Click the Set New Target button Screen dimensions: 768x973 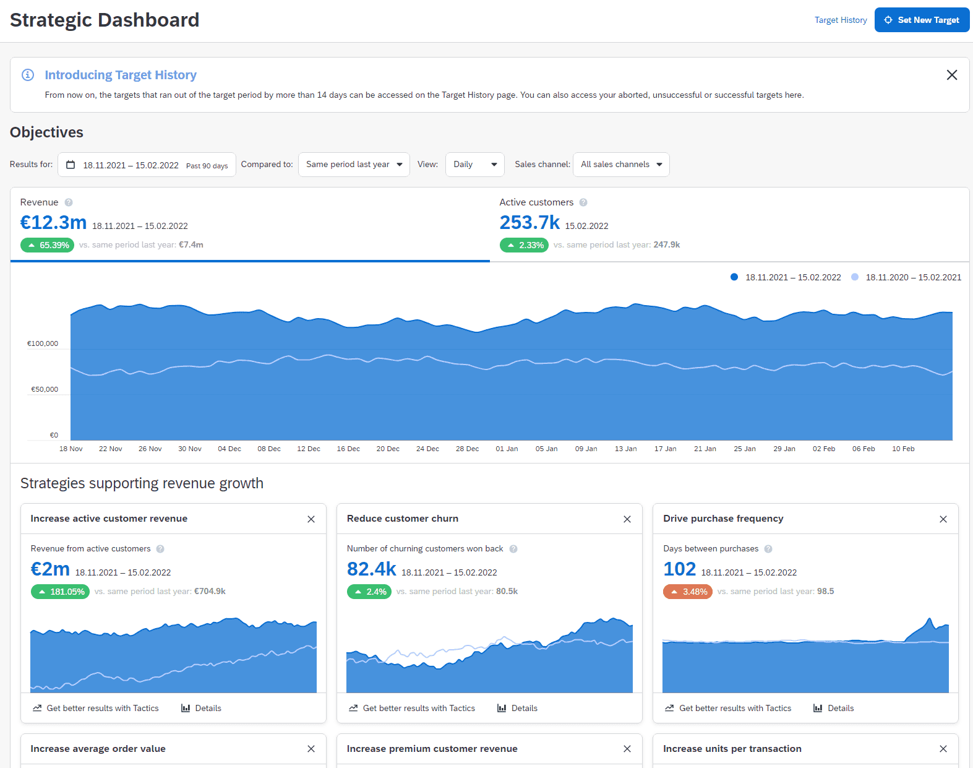pyautogui.click(x=922, y=20)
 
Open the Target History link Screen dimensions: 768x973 pyautogui.click(x=840, y=20)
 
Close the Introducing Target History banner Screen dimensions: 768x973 pyautogui.click(x=951, y=75)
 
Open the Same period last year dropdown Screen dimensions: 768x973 pyautogui.click(x=354, y=165)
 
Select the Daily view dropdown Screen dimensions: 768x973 pyautogui.click(x=474, y=165)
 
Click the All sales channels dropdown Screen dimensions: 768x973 pyautogui.click(x=621, y=165)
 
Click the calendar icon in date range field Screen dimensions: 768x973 pyautogui.click(x=71, y=165)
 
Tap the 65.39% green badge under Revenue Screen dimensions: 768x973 pyautogui.click(x=48, y=245)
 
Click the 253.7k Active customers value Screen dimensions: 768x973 pyautogui.click(x=529, y=222)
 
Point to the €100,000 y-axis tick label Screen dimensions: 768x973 pyautogui.click(x=43, y=343)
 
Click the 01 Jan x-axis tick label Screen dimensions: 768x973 pyautogui.click(x=507, y=449)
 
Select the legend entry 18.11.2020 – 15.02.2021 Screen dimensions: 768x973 pyautogui.click(x=912, y=277)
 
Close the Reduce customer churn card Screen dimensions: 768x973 pyautogui.click(x=627, y=519)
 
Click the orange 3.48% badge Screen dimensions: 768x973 pyautogui.click(x=688, y=592)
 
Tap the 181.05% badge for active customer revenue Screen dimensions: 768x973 pyautogui.click(x=61, y=592)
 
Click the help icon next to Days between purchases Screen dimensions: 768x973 pyautogui.click(x=768, y=549)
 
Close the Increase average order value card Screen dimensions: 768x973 pyautogui.click(x=311, y=749)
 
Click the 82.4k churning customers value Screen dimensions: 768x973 pyautogui.click(x=371, y=569)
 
